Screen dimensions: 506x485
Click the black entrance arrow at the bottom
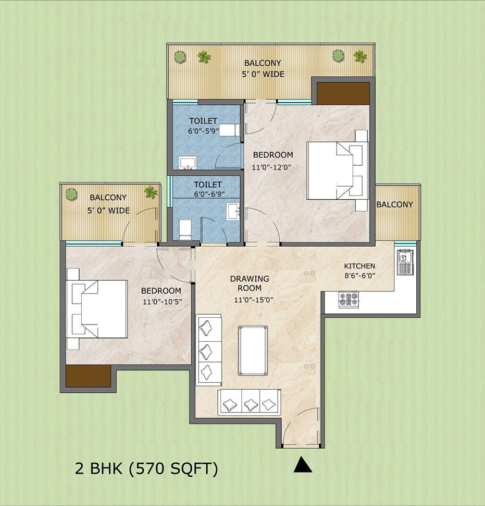pyautogui.click(x=302, y=465)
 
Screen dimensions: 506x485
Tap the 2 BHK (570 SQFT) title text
pyautogui.click(x=146, y=468)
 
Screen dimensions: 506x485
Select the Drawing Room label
pyautogui.click(x=250, y=283)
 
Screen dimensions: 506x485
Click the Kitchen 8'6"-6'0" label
pyautogui.click(x=359, y=271)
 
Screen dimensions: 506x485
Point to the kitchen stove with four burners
pyautogui.click(x=349, y=299)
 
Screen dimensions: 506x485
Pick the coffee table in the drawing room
pyautogui.click(x=253, y=351)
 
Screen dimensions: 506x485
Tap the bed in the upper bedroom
pyautogui.click(x=333, y=170)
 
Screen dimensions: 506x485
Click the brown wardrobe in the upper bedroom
pyautogui.click(x=343, y=93)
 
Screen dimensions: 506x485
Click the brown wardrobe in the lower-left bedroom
pyautogui.click(x=88, y=376)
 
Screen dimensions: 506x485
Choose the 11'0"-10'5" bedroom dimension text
pyautogui.click(x=161, y=301)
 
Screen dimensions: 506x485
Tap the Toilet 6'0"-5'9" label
pyautogui.click(x=203, y=127)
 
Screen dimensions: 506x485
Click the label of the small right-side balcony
pyautogui.click(x=394, y=204)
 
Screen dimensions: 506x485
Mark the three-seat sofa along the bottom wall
pyautogui.click(x=249, y=402)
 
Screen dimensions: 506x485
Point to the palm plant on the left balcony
pyautogui.click(x=151, y=192)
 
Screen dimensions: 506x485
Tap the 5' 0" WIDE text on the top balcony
pyautogui.click(x=264, y=74)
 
